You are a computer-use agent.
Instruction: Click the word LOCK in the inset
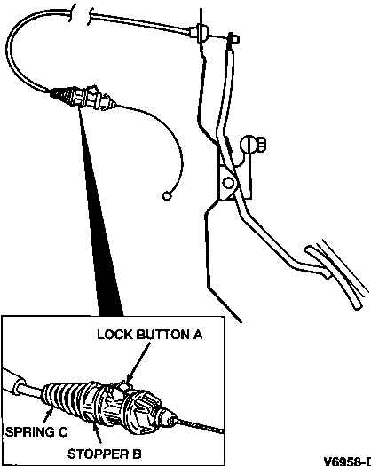(114, 335)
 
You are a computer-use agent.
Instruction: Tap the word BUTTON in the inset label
(163, 335)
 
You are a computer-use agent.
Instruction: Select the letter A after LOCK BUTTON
(198, 335)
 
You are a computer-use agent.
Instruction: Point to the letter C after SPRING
(63, 431)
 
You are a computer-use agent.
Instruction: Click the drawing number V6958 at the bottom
(347, 462)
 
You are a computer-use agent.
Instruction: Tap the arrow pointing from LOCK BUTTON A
(138, 362)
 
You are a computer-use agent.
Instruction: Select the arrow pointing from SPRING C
(49, 415)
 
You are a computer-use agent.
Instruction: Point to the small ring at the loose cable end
(167, 196)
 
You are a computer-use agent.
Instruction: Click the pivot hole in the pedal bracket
(228, 183)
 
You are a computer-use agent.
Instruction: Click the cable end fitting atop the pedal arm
(233, 39)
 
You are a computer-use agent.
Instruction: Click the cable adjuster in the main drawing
(83, 97)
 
